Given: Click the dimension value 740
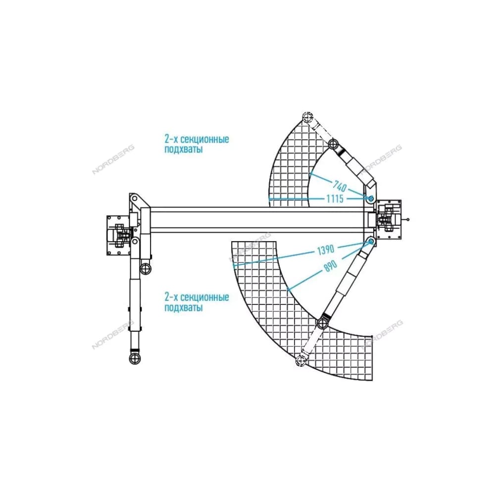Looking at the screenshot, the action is click(x=340, y=186).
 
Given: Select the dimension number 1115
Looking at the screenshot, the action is click(x=335, y=199).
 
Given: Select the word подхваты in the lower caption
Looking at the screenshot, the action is click(x=184, y=307).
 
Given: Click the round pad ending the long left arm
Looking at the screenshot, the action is click(x=135, y=358).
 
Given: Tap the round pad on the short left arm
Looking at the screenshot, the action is click(x=146, y=269).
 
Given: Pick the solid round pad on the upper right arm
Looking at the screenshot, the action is click(x=333, y=145).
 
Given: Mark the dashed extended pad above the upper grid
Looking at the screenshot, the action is click(x=307, y=118).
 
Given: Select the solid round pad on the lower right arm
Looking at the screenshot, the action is click(x=322, y=324).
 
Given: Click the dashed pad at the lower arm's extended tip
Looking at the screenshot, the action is click(x=301, y=360).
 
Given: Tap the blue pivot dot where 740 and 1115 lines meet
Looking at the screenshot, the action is click(x=371, y=198).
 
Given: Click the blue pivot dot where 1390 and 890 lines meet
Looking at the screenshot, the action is click(x=371, y=242).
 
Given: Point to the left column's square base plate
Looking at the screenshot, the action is click(x=119, y=236).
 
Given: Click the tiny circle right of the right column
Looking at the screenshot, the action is click(x=408, y=220).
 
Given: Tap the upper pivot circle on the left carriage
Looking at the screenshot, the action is click(x=135, y=198).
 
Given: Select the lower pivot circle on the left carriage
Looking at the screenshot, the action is click(x=135, y=242).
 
